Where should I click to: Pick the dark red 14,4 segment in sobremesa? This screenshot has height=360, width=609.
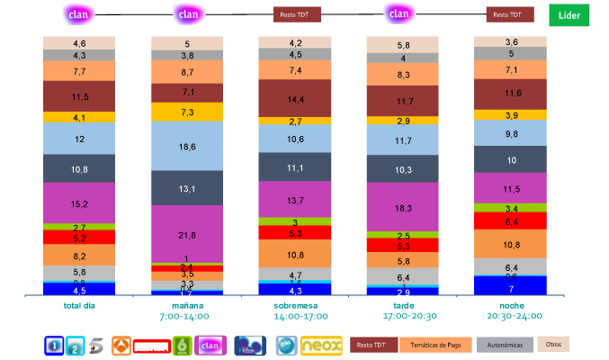click(296, 98)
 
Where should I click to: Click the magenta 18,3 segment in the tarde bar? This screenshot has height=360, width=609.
click(403, 207)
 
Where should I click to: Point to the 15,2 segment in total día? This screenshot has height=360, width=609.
click(79, 203)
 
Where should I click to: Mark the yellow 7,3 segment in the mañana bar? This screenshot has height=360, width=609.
click(187, 112)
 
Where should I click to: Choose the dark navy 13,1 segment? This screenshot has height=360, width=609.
click(187, 187)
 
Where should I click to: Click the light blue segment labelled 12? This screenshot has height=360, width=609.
click(79, 139)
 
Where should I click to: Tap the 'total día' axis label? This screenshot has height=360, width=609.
click(79, 306)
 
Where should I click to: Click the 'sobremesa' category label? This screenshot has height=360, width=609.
click(296, 306)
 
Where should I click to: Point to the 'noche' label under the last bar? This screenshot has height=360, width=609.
click(511, 306)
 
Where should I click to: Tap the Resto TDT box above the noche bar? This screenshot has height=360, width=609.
click(510, 15)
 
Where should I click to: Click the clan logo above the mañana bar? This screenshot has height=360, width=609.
click(188, 14)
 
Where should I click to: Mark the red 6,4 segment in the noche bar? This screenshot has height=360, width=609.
click(511, 221)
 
